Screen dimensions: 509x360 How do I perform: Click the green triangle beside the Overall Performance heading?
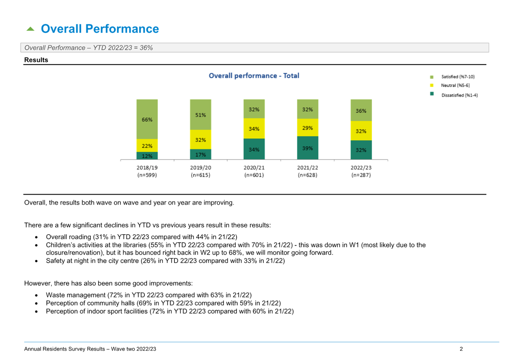[30, 29]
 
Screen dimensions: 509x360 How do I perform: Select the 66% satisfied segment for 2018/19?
[147, 119]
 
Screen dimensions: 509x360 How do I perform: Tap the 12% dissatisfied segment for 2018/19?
[147, 156]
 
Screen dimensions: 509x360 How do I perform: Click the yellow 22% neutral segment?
[147, 145]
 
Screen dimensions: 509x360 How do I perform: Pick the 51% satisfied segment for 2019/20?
[200, 115]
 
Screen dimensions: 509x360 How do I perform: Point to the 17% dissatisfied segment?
[200, 155]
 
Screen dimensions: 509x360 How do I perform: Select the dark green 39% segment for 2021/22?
[308, 148]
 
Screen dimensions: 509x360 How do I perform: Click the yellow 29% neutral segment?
[308, 128]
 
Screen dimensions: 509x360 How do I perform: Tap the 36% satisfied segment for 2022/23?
[361, 110]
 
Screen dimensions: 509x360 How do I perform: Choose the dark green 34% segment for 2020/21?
[254, 149]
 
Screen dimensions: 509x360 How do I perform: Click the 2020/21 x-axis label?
[254, 168]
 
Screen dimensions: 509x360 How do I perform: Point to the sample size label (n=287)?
[361, 175]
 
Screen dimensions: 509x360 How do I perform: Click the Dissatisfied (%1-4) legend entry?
[454, 95]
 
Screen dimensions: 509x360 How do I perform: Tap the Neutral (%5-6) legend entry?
[450, 85]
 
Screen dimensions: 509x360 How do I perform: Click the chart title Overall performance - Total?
[254, 76]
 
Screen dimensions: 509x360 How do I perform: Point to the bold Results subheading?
[36, 60]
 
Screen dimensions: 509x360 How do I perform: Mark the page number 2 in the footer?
[461, 349]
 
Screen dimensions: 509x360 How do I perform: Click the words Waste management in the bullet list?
[76, 295]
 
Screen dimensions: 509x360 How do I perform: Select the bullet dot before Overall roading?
[36, 237]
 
